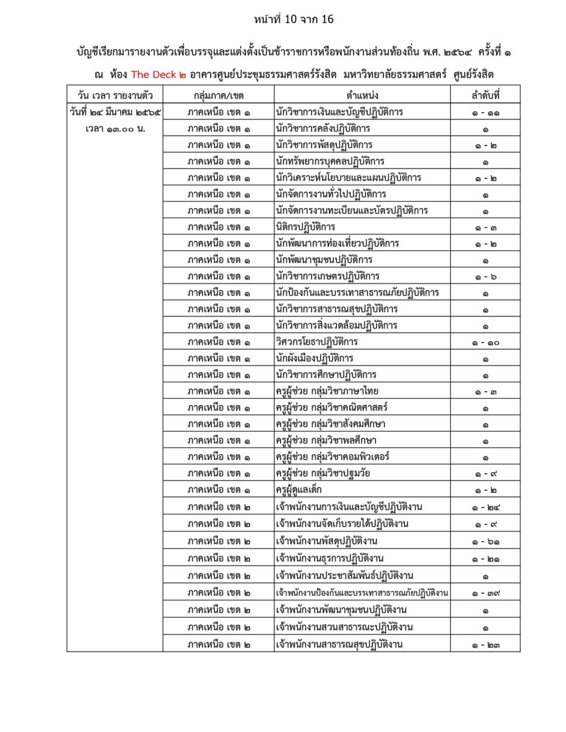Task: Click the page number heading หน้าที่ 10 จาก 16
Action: [x=294, y=20]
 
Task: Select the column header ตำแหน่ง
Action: [x=362, y=95]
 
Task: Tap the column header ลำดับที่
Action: [x=485, y=95]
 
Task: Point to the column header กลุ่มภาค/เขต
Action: [x=218, y=95]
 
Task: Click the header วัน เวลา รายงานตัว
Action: [x=115, y=95]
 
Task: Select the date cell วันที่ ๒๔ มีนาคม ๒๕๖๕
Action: [x=115, y=112]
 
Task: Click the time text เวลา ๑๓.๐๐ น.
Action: [x=115, y=129]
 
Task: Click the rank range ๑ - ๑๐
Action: [x=485, y=342]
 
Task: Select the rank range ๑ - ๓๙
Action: [x=485, y=593]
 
